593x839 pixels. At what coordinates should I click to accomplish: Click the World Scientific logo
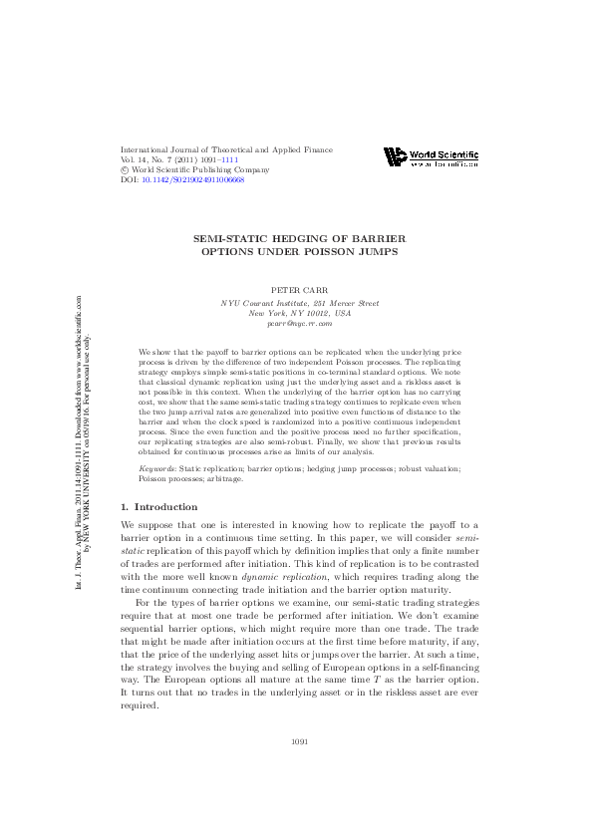(x=432, y=157)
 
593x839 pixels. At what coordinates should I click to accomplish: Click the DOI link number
(x=194, y=179)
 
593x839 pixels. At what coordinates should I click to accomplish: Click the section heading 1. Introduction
(x=159, y=507)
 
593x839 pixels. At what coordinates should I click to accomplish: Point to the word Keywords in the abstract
(x=157, y=467)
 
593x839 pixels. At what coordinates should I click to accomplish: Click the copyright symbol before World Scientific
(x=125, y=169)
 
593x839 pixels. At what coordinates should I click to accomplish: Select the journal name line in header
(x=226, y=149)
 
